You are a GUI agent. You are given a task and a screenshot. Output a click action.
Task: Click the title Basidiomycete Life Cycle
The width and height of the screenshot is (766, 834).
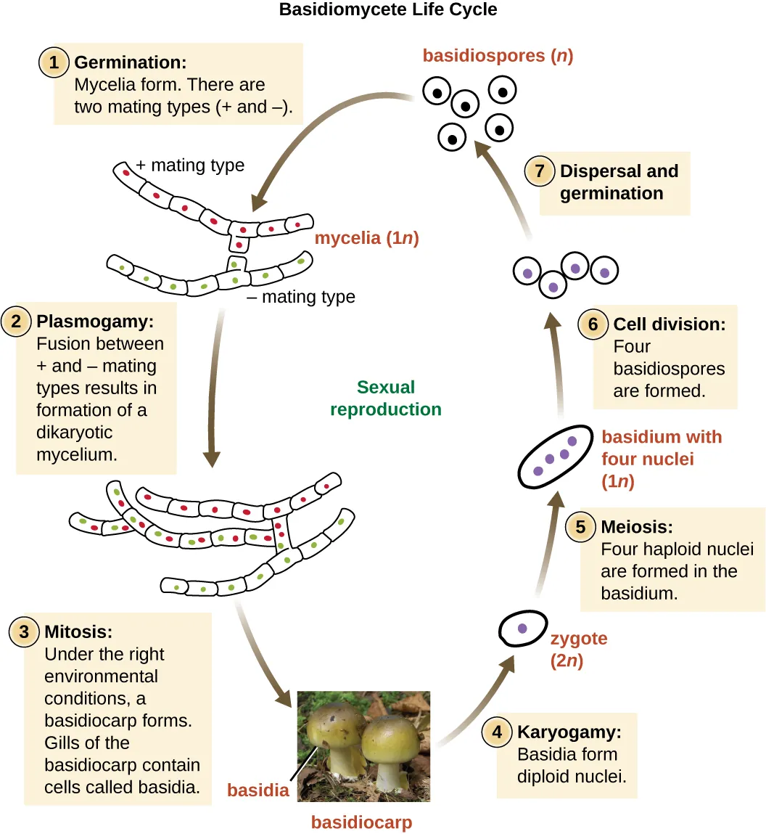pos(388,10)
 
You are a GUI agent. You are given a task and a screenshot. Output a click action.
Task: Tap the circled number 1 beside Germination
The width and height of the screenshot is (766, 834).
pos(54,62)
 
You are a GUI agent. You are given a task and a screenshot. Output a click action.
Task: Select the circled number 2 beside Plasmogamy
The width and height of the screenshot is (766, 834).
pos(17,322)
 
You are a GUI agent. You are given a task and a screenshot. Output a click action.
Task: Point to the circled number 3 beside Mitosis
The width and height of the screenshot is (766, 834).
pos(25,631)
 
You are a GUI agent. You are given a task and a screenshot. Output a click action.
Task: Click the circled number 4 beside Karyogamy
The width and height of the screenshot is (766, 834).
pos(498,732)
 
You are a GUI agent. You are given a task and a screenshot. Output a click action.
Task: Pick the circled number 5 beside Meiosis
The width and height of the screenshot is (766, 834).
pos(581,526)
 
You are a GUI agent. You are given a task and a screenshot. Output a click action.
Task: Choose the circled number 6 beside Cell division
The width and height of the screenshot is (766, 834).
pos(593,324)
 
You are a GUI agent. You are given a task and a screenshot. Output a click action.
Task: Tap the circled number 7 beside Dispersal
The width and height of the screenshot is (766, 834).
pos(540,171)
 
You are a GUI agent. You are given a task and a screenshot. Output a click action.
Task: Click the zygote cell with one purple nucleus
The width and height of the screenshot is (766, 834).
pos(522,629)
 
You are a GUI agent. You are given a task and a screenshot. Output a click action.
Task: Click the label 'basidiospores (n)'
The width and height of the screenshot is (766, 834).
pos(498,56)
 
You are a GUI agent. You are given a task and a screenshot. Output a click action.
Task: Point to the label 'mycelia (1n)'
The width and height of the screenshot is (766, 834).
pos(366,238)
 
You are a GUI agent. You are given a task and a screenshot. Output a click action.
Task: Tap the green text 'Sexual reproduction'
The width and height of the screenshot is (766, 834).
pos(385,398)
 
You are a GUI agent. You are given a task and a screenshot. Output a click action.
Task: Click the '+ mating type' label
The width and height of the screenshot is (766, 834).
pos(190,165)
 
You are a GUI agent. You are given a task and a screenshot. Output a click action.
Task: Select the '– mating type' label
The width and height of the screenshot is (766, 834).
pos(301,297)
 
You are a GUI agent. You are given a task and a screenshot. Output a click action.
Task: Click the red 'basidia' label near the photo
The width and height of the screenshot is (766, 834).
pos(258,790)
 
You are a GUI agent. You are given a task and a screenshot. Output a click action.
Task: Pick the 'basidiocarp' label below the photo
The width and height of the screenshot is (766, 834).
pos(361,822)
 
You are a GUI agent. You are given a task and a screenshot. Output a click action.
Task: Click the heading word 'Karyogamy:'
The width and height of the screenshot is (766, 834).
pos(569,732)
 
